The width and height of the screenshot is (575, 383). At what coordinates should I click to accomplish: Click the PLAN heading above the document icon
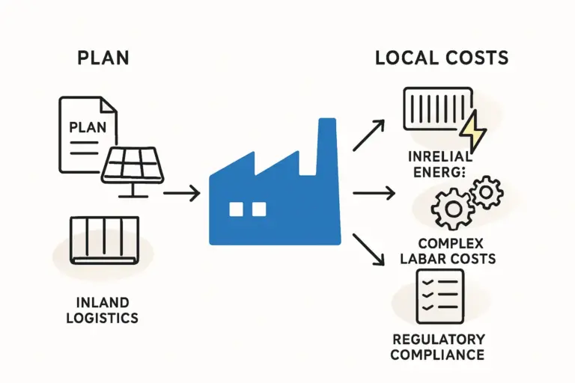click(x=103, y=58)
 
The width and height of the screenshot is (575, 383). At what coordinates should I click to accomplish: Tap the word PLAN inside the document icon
click(x=88, y=126)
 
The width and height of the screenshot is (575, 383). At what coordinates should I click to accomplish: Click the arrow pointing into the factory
click(x=181, y=194)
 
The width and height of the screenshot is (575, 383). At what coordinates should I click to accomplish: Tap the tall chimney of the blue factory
click(x=327, y=150)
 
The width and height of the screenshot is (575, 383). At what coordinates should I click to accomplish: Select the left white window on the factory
click(x=236, y=209)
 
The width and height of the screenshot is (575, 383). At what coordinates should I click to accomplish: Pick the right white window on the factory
click(x=259, y=209)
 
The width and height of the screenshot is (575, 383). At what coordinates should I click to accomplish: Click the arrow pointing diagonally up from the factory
click(x=368, y=135)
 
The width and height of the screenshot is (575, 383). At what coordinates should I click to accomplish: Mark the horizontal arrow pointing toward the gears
click(x=373, y=194)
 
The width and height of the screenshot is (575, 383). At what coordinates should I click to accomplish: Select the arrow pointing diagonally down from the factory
click(x=368, y=251)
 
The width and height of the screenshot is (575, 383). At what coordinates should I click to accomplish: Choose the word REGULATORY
click(x=437, y=339)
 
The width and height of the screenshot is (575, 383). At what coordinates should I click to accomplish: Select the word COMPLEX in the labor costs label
click(x=451, y=244)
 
